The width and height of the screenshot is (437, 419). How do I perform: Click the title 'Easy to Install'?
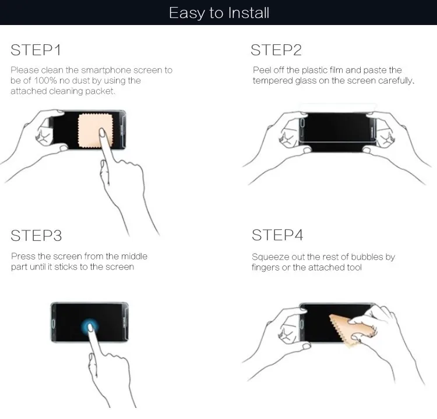(219, 13)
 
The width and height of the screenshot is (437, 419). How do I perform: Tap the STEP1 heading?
(36, 50)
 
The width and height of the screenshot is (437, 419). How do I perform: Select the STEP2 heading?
(276, 50)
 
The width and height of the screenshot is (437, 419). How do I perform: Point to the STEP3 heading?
(36, 236)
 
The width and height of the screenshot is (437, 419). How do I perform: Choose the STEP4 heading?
(277, 236)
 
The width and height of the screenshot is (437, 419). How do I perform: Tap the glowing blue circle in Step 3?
(90, 327)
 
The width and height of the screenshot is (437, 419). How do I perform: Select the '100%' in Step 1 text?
(36, 81)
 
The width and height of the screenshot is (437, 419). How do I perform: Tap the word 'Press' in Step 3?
(23, 257)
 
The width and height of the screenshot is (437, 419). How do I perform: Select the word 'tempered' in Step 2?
(273, 81)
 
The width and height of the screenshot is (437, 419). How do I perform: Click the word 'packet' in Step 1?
(103, 92)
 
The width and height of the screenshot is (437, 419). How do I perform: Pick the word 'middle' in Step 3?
(135, 257)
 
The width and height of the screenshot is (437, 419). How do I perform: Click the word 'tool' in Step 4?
(353, 267)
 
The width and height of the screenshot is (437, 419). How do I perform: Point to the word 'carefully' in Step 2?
(395, 81)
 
